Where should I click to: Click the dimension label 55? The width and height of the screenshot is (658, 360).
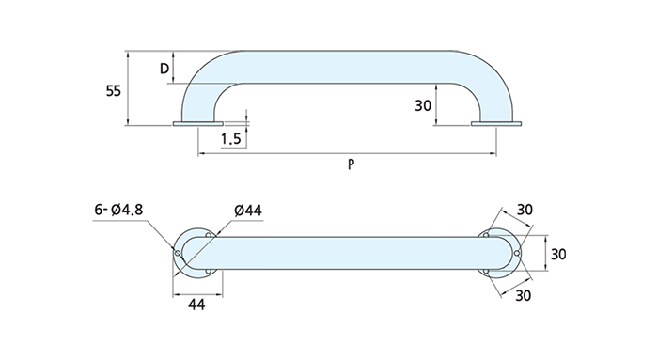coord(114,90)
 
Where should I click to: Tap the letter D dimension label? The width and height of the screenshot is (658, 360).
coord(164,69)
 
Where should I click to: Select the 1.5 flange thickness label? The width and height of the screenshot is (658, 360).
coord(231,138)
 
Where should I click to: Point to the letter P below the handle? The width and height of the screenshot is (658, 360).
coord(352,164)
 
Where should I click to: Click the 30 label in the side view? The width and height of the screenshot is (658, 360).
coord(423,105)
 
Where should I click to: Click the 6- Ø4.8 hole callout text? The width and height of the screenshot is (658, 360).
coord(118,209)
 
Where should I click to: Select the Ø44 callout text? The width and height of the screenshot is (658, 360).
coord(248,211)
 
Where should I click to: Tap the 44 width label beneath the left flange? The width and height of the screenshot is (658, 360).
coord(196,305)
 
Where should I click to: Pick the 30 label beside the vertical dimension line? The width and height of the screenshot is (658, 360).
coord(558,255)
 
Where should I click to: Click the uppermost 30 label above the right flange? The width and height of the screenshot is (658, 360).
coord(525,210)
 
